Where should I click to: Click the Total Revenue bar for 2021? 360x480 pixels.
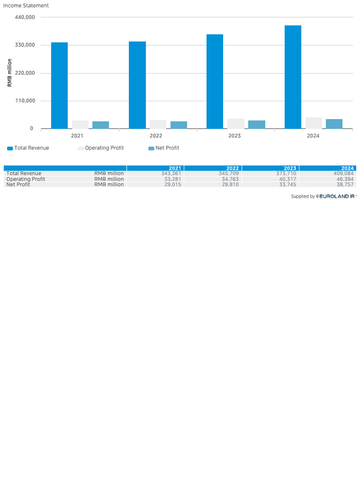point(60,85)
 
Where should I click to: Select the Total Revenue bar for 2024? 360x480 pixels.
point(293,77)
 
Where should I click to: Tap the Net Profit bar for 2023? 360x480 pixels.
point(256,125)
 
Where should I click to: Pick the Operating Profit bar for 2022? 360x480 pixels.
point(158,124)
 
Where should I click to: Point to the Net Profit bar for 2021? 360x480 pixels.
point(101,125)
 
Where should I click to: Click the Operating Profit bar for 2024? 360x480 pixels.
point(314,123)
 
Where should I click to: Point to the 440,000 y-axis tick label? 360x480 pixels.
point(25,17)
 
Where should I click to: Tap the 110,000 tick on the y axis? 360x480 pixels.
point(25,101)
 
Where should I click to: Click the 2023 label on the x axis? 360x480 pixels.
point(234,136)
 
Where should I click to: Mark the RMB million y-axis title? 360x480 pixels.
point(9,73)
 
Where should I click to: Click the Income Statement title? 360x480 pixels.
point(26,6)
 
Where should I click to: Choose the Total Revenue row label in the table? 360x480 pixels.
point(24,173)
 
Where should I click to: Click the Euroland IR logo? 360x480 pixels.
point(337,196)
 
